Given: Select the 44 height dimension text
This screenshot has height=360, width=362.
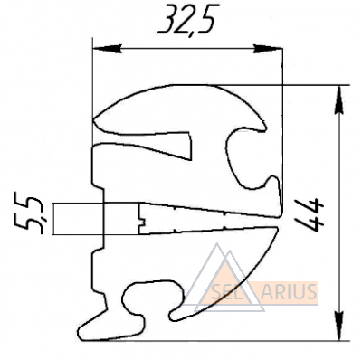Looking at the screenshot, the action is (310, 214).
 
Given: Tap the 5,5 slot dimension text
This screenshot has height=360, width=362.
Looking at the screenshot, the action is (29, 215).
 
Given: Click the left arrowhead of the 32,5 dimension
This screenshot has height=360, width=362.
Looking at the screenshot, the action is (108, 49).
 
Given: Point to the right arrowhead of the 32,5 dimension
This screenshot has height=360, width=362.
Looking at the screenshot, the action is (267, 49).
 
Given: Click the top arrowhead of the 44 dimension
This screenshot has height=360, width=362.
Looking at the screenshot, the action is (339, 99).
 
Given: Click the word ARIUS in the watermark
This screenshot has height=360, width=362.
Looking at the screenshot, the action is (289, 291).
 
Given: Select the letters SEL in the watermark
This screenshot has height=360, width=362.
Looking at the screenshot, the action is (223, 292).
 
